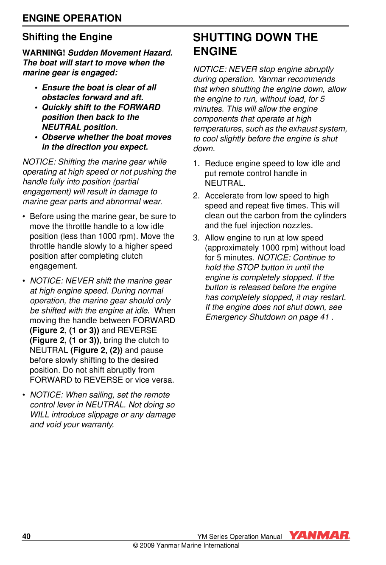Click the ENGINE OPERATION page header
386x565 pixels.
72,18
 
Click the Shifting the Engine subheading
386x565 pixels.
67,37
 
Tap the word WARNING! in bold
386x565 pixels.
44,53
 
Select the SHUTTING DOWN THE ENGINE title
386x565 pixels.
255,44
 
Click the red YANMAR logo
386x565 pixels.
319,536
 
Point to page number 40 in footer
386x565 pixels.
26,537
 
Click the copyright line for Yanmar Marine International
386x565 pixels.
186,546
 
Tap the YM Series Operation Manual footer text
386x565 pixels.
239,537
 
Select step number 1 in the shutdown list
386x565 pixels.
196,164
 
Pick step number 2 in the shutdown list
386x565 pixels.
196,196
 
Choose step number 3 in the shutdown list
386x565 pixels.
196,238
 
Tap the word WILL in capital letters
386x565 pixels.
40,415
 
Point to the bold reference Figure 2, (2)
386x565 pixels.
97,350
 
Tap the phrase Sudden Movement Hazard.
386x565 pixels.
120,53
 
